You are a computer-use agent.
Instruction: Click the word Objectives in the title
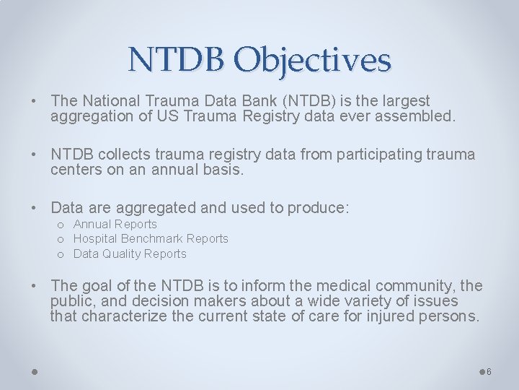(312, 60)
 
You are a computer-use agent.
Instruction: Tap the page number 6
(489, 372)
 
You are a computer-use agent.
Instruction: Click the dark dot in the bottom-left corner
(35, 372)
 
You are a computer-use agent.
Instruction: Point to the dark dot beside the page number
(482, 372)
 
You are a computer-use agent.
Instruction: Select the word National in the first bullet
(110, 101)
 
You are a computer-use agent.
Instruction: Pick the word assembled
(416, 116)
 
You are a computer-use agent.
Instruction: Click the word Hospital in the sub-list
(96, 238)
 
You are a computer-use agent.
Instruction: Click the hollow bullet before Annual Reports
(61, 225)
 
